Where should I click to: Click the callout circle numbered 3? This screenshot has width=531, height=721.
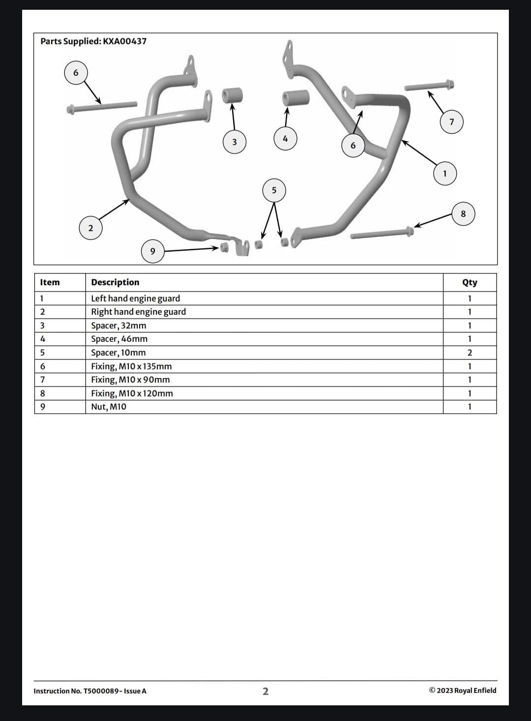pyautogui.click(x=235, y=142)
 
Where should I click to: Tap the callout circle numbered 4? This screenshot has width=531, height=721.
pyautogui.click(x=285, y=139)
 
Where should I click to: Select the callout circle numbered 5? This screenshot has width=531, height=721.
pyautogui.click(x=274, y=190)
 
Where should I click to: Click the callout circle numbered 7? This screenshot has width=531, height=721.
pyautogui.click(x=451, y=122)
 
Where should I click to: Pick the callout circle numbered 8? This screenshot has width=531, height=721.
pyautogui.click(x=463, y=214)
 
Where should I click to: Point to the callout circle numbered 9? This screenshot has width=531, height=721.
pyautogui.click(x=153, y=251)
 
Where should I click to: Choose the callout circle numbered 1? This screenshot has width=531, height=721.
pyautogui.click(x=445, y=174)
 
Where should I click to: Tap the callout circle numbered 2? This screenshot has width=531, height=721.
pyautogui.click(x=91, y=228)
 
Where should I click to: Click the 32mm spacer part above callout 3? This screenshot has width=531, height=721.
pyautogui.click(x=232, y=95)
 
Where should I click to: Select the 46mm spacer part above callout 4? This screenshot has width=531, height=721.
pyautogui.click(x=296, y=97)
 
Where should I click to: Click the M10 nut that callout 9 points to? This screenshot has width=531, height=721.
pyautogui.click(x=224, y=248)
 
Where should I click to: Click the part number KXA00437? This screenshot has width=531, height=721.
pyautogui.click(x=124, y=41)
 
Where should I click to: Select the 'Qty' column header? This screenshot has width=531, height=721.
pyautogui.click(x=470, y=282)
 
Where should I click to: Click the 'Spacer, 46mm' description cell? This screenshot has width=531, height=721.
pyautogui.click(x=119, y=339)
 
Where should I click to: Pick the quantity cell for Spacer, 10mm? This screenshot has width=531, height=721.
pyautogui.click(x=470, y=353)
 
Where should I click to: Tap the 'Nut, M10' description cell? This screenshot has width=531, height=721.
pyautogui.click(x=109, y=407)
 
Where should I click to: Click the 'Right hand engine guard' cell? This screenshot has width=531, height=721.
pyautogui.click(x=138, y=312)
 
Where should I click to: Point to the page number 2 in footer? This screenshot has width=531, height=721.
pyautogui.click(x=265, y=691)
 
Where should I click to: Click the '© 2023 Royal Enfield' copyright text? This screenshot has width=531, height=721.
pyautogui.click(x=463, y=691)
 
